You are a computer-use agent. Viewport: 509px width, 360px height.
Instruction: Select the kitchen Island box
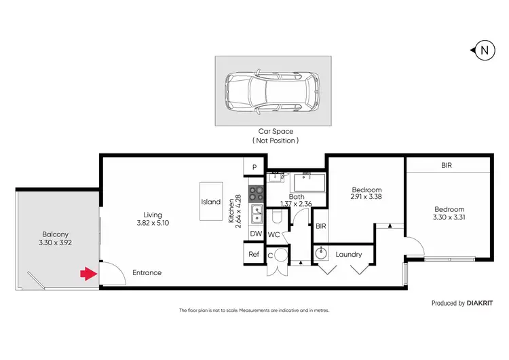211,202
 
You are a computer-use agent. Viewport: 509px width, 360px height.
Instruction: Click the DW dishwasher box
255,234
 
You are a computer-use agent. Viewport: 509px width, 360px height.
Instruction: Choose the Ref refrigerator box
254,254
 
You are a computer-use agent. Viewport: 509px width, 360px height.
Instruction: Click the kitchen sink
257,215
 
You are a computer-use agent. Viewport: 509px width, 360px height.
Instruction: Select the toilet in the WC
276,217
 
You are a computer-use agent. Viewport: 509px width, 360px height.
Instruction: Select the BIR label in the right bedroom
446,165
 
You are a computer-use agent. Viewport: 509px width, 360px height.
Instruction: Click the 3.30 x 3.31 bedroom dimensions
449,218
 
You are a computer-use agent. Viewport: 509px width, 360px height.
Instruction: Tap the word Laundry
348,255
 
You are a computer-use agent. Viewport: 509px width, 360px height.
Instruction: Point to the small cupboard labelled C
271,256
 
